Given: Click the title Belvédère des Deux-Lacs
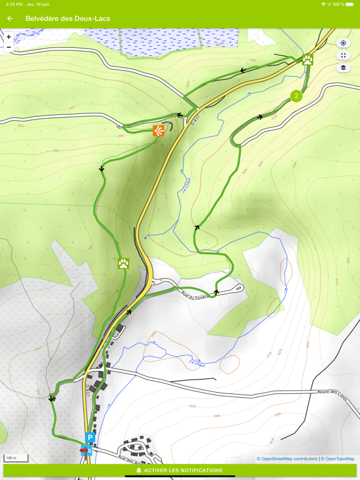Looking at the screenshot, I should pyautogui.click(x=68, y=19).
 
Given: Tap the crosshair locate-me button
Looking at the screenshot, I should pyautogui.click(x=343, y=43).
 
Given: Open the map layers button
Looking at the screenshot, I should pyautogui.click(x=343, y=67).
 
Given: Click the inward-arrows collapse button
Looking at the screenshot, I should pyautogui.click(x=343, y=56).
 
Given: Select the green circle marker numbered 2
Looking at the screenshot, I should pyautogui.click(x=296, y=96).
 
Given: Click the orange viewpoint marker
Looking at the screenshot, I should pyautogui.click(x=158, y=131).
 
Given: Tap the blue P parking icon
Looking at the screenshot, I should pyautogui.click(x=90, y=438).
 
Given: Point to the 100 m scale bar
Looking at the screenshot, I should pyautogui.click(x=16, y=458).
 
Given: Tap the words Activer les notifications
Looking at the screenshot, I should pyautogui.click(x=183, y=470).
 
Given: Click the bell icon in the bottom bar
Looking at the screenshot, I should pyautogui.click(x=139, y=470).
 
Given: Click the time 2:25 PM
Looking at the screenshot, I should pyautogui.click(x=14, y=4).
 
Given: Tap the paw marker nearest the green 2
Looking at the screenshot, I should pyautogui.click(x=308, y=60).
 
